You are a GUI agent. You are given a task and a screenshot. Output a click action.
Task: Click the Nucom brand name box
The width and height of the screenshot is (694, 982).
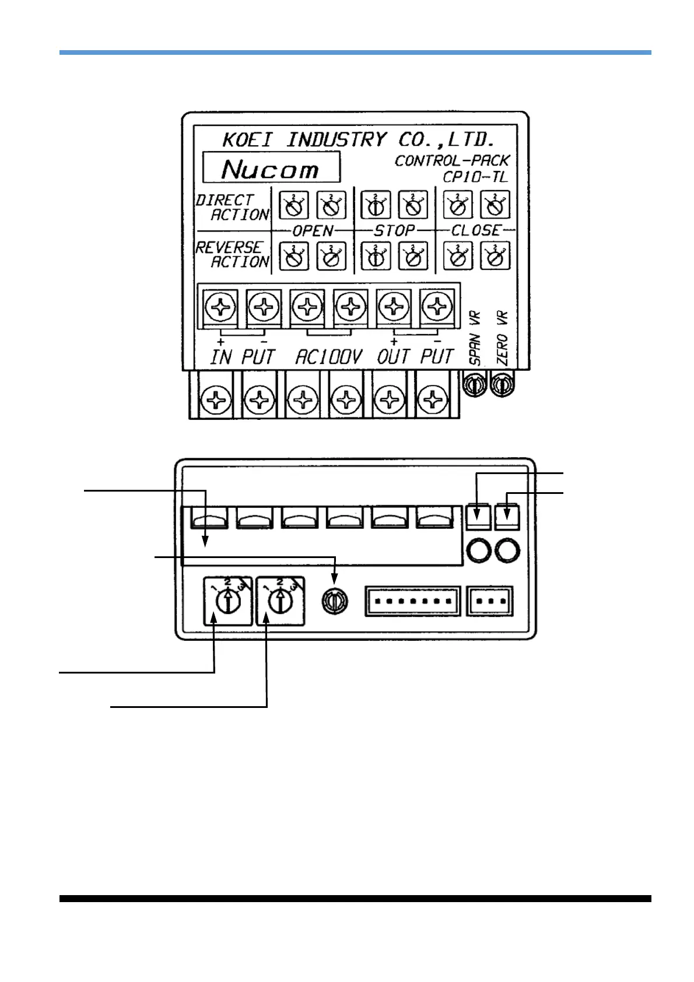271,168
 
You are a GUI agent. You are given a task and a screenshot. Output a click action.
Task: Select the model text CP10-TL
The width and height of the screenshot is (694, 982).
475,177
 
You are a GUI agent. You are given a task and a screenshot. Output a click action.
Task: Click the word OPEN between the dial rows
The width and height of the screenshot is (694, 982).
313,231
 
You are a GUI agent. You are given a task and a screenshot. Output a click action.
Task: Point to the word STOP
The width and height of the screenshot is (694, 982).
394,231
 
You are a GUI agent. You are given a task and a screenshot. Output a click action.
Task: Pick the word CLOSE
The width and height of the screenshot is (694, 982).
476,231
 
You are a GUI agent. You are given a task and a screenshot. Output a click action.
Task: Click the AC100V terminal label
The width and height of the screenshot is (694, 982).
328,356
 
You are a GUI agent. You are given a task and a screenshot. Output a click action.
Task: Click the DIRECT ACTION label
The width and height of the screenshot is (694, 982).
233,208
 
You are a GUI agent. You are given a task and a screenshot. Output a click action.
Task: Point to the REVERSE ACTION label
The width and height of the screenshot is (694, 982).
233,255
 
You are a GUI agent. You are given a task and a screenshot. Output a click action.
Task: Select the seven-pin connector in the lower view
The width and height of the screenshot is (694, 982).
412,601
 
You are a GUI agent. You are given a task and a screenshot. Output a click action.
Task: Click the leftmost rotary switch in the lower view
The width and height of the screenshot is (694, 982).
228,601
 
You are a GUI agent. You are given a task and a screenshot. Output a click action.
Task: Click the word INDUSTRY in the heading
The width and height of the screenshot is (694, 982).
337,140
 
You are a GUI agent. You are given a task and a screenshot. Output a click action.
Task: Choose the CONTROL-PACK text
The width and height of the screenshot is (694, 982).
452,160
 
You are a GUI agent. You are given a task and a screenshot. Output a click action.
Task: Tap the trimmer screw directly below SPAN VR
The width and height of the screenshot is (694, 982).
474,385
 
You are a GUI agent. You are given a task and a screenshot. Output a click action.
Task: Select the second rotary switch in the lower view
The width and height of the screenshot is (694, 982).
281,601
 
